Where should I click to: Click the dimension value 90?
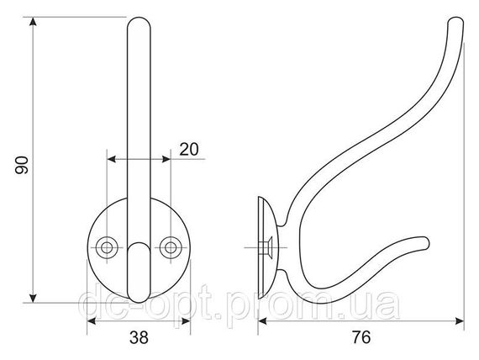(22, 165)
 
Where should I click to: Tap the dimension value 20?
(189, 149)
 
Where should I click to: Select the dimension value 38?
(139, 337)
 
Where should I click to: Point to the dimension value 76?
(361, 337)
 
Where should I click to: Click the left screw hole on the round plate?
(107, 247)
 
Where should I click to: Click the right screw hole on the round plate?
(171, 247)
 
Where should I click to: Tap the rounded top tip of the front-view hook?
(139, 19)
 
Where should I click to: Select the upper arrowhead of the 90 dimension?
(34, 21)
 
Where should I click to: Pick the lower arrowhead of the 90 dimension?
(34, 299)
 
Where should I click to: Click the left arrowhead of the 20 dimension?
(111, 159)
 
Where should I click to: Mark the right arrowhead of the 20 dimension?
(166, 159)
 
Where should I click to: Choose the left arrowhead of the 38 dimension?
(92, 321)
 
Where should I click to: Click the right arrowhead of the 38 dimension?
(186, 321)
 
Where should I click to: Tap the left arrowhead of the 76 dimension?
(262, 321)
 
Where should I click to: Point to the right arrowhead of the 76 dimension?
(460, 321)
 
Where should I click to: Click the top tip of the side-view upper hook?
(456, 19)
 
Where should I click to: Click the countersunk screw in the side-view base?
(266, 247)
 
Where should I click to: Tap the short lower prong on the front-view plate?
(139, 273)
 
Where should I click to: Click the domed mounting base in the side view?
(268, 247)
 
